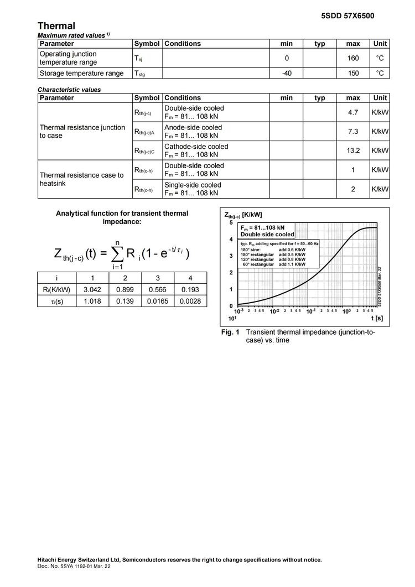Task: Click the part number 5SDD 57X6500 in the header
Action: pos(347,15)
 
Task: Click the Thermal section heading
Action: pos(56,26)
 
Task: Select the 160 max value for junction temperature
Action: pos(353,58)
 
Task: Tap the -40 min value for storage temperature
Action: pos(287,73)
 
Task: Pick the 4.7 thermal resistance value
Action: pos(353,112)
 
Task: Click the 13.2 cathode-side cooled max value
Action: pos(353,150)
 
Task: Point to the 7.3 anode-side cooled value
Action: pos(353,131)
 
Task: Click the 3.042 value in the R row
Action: pos(92,289)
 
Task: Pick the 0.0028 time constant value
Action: pos(190,302)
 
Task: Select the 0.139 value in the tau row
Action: pos(125,302)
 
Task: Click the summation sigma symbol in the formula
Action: pos(117,254)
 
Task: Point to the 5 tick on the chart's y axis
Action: pos(231,222)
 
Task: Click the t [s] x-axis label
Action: pos(377,318)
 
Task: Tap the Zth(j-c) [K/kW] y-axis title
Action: pos(243,215)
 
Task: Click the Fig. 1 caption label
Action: pos(230,333)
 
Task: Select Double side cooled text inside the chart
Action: pos(267,235)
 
